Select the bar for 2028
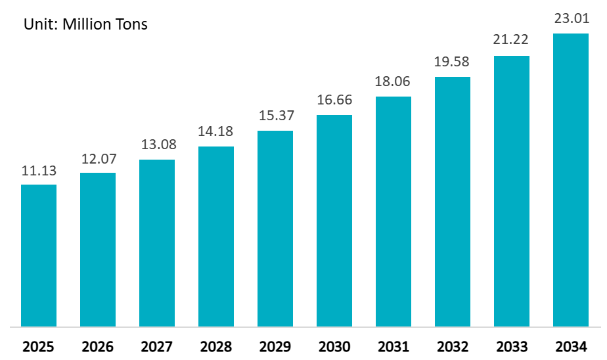[x=216, y=236]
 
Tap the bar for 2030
[x=334, y=220]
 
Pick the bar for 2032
[x=453, y=201]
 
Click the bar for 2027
[x=157, y=242]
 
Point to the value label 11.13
[x=39, y=171]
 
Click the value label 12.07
[x=98, y=159]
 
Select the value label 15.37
[x=275, y=116]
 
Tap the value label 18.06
[x=393, y=82]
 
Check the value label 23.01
[x=571, y=19]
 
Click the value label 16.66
[x=334, y=101]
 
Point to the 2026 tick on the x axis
[x=98, y=346]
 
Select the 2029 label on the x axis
[x=275, y=346]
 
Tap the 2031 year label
[x=393, y=346]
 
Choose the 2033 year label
[x=512, y=346]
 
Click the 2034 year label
[x=571, y=346]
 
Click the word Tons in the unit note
[x=130, y=25]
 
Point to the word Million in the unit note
[x=85, y=25]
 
